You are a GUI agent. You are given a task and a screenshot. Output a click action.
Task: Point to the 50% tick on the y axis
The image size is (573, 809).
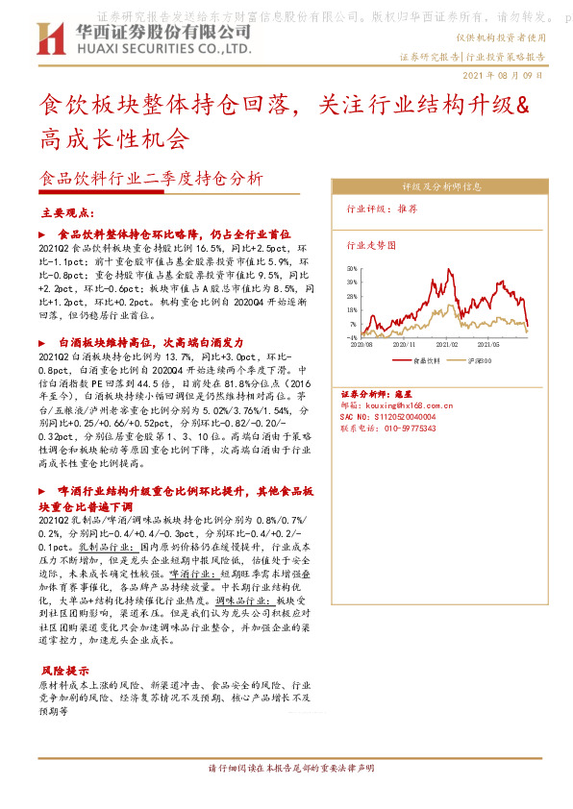[x=352, y=270]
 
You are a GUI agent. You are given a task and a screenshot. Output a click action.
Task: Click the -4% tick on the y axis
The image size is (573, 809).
[x=353, y=338]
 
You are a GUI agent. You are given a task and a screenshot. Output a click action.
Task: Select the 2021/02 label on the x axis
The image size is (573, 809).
[x=447, y=343]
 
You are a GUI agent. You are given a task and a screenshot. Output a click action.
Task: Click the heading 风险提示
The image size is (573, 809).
[x=65, y=670]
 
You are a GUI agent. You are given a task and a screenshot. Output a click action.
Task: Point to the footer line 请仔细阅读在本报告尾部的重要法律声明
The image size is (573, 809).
[x=286, y=770]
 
